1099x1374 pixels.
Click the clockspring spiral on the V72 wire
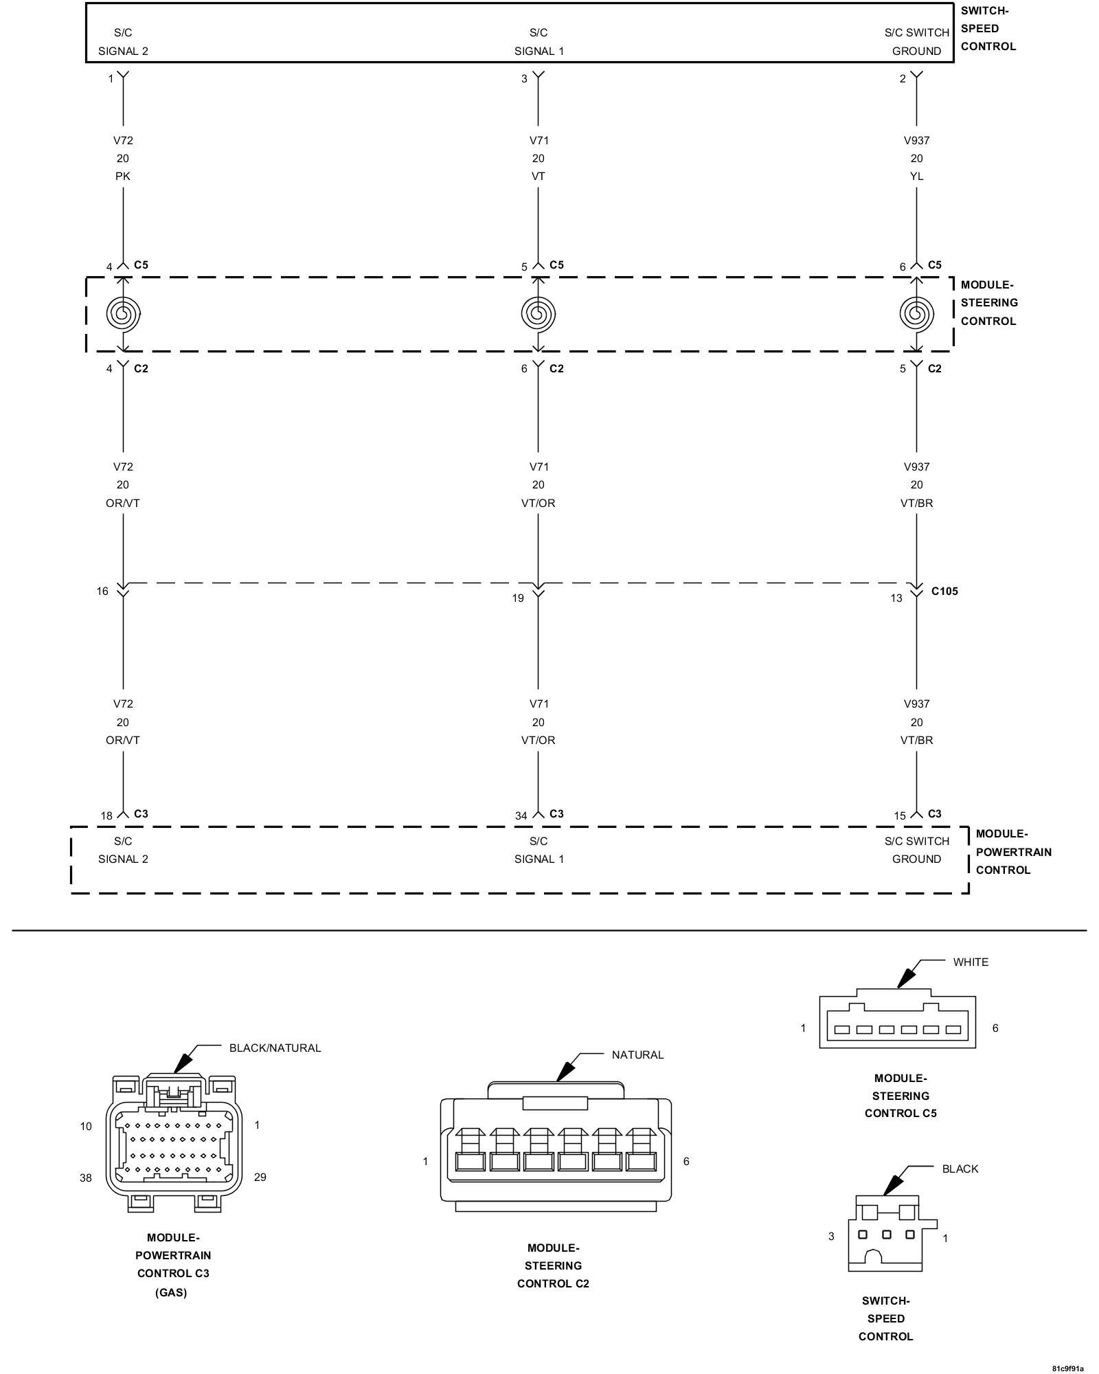click(x=123, y=313)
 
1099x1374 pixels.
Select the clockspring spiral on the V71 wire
click(x=538, y=313)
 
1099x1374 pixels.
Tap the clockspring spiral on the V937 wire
click(x=916, y=313)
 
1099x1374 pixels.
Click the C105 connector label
click(x=944, y=591)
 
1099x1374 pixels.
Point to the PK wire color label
click(x=123, y=177)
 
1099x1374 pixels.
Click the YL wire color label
click(x=916, y=177)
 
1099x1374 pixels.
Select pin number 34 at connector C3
click(x=521, y=815)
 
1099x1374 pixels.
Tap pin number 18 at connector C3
click(x=106, y=815)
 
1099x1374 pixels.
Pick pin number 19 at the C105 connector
click(x=518, y=598)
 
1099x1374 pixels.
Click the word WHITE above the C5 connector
click(x=971, y=962)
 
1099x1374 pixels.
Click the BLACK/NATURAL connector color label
click(x=275, y=1048)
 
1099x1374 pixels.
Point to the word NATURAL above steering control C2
click(x=637, y=1055)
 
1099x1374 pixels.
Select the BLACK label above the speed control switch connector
click(x=960, y=1169)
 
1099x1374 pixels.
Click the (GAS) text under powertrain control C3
click(x=171, y=1292)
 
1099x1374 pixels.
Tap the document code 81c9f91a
click(x=1067, y=1367)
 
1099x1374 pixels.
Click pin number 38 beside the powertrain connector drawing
click(x=86, y=1178)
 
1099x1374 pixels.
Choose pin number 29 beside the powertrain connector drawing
click(x=260, y=1177)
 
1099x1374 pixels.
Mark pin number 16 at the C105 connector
click(x=102, y=591)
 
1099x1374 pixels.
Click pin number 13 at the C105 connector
click(x=896, y=598)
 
